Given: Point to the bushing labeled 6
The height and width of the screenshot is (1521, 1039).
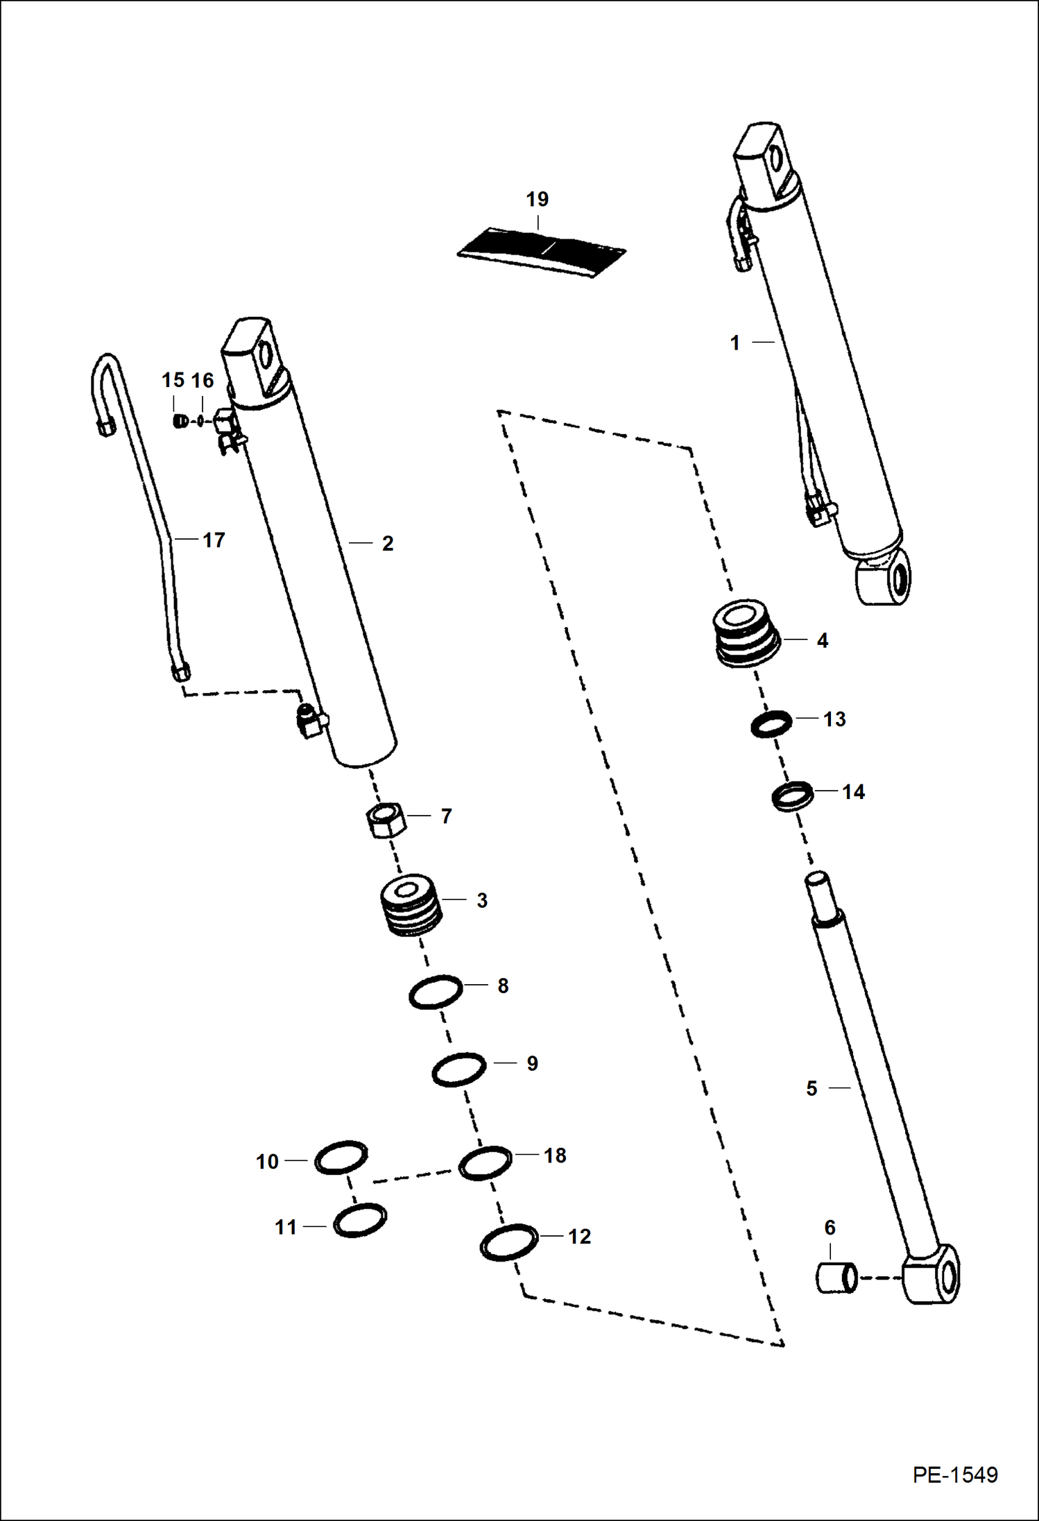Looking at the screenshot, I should click(836, 1278).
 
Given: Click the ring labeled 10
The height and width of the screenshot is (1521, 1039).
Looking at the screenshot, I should click(341, 1158).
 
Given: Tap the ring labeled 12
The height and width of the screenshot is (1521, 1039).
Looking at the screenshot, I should click(509, 1243).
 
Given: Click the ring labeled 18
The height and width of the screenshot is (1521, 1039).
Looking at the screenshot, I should click(486, 1162).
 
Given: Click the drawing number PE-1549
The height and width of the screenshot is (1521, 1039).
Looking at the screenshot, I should click(955, 1475).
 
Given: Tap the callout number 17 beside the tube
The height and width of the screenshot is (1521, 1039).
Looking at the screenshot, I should click(214, 540).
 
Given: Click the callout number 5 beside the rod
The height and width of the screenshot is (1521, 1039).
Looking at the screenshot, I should click(812, 1088).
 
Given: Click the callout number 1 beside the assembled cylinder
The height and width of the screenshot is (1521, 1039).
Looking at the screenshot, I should click(735, 343).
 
